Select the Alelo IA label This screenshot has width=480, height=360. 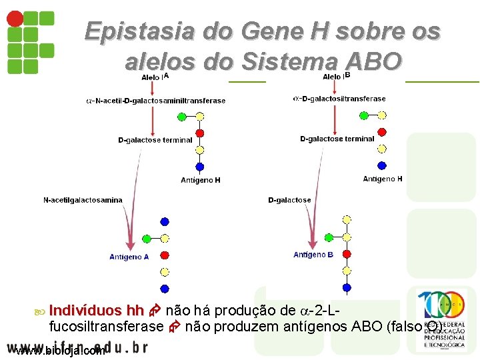155,77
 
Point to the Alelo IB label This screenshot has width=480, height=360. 336,77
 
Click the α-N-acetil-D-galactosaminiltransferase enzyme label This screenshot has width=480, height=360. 156,101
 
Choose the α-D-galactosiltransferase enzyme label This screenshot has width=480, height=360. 339,99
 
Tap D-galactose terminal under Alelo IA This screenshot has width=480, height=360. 155,140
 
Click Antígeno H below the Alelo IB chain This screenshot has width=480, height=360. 383,179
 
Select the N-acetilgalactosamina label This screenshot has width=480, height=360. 83,200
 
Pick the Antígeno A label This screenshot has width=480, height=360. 129,257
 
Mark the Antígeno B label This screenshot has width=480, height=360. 313,255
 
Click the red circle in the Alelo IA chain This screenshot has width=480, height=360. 199,133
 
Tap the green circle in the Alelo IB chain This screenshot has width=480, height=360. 364,115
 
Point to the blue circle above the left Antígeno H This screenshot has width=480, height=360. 199,167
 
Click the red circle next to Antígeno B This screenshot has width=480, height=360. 346,254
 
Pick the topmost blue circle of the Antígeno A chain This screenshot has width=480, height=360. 165,222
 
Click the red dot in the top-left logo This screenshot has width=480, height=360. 13,18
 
